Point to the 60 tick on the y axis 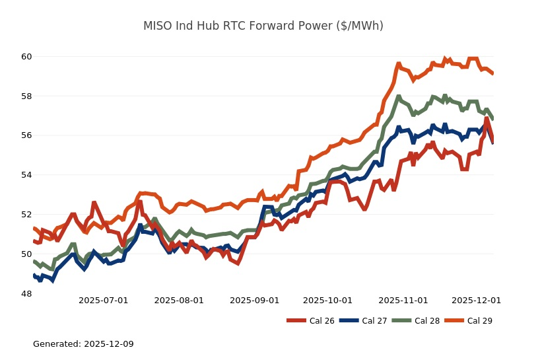[x=26, y=56]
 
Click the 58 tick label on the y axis [x=26, y=96]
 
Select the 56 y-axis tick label [x=26, y=135]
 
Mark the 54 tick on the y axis [x=26, y=175]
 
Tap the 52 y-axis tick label [x=26, y=215]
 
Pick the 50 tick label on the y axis [x=26, y=254]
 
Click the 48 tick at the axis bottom [x=26, y=293]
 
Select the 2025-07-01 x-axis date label [x=103, y=301]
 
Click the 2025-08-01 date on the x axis [x=179, y=301]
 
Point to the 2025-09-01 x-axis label [x=254, y=301]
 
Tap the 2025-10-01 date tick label [x=327, y=301]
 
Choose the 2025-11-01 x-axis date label [x=403, y=301]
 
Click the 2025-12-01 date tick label [x=476, y=301]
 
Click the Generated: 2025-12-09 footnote [x=83, y=344]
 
